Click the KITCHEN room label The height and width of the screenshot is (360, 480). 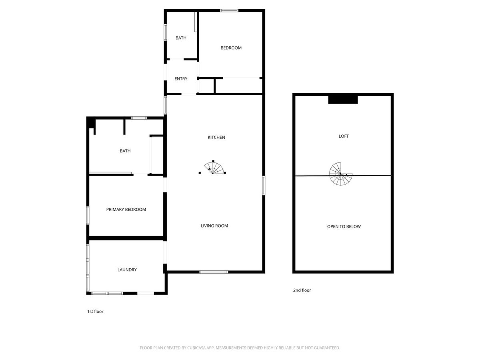(x=216, y=137)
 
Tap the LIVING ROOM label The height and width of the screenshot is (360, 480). (x=214, y=226)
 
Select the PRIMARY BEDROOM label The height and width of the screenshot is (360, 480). (x=126, y=209)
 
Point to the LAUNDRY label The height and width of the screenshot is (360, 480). (x=127, y=270)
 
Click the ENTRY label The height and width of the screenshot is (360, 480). (x=181, y=79)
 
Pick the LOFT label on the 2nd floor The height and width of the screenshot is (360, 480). (x=344, y=136)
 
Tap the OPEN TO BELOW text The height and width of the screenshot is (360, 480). (x=344, y=226)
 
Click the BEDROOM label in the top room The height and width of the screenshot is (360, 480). (x=231, y=48)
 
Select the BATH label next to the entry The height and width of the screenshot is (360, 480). (x=181, y=38)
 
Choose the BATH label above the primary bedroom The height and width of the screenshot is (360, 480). (x=125, y=151)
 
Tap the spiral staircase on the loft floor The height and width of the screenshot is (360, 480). (x=340, y=174)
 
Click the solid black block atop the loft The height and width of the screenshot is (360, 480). (x=343, y=100)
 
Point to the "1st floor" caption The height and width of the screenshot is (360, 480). (x=95, y=312)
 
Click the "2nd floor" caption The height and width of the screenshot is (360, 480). (x=302, y=290)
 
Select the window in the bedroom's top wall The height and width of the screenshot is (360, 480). (x=229, y=10)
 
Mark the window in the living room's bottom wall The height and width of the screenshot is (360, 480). (x=214, y=272)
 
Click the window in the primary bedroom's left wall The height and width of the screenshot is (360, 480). (x=88, y=215)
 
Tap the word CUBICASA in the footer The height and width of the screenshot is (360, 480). (x=196, y=348)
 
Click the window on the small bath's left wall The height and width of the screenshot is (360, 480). (x=165, y=32)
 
